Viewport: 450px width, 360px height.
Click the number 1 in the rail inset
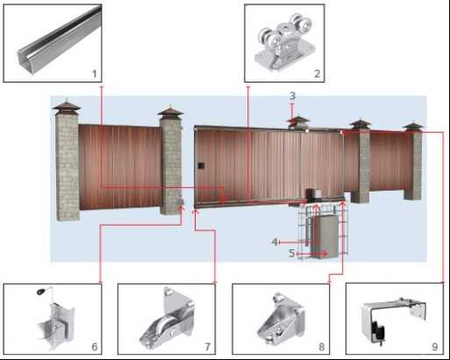94,74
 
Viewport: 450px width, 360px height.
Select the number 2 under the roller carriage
318,74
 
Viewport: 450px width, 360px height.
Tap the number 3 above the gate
292,96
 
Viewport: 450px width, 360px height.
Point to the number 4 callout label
275,242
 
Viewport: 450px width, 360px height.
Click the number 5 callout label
292,253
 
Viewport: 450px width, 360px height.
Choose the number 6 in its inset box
95,347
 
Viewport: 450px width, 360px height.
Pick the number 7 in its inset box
208,347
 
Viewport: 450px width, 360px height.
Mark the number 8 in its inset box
322,347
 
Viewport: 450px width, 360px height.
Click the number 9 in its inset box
435,347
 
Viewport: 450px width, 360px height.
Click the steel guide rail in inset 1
59,41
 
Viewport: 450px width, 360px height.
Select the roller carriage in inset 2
285,41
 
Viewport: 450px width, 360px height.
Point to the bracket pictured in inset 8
282,319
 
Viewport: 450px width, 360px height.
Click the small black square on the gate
201,166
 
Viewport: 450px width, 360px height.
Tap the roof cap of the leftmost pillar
67,106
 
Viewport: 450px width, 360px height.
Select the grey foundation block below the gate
325,235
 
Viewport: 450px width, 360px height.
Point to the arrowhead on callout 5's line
325,254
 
